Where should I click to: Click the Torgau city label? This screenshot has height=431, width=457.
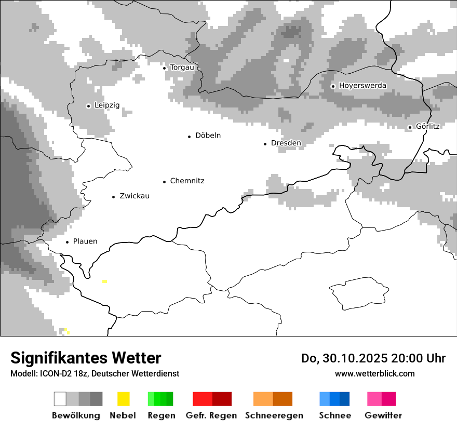click(182, 68)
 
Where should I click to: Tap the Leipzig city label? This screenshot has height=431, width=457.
click(107, 105)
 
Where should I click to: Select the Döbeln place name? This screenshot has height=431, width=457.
click(208, 136)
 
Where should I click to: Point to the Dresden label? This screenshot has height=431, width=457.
click(286, 143)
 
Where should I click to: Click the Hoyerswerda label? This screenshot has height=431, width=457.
click(362, 85)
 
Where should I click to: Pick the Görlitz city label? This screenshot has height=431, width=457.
click(427, 126)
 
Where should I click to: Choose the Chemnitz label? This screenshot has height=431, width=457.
click(187, 181)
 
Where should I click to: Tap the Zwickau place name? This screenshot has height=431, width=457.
click(135, 196)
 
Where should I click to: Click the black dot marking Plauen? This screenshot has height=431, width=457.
click(67, 242)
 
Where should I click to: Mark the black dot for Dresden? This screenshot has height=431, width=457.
click(265, 143)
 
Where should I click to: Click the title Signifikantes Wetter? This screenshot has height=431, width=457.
click(86, 358)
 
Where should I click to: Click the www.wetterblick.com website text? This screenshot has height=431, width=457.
click(374, 373)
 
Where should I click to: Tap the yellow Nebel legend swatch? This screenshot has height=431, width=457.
click(123, 399)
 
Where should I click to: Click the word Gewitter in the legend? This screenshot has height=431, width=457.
click(383, 415)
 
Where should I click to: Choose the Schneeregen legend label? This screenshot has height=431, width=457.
click(274, 415)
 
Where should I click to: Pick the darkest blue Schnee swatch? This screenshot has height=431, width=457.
click(345, 399)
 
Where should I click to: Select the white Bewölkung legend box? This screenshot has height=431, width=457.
click(60, 399)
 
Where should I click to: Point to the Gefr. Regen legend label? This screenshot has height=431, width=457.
click(211, 415)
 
